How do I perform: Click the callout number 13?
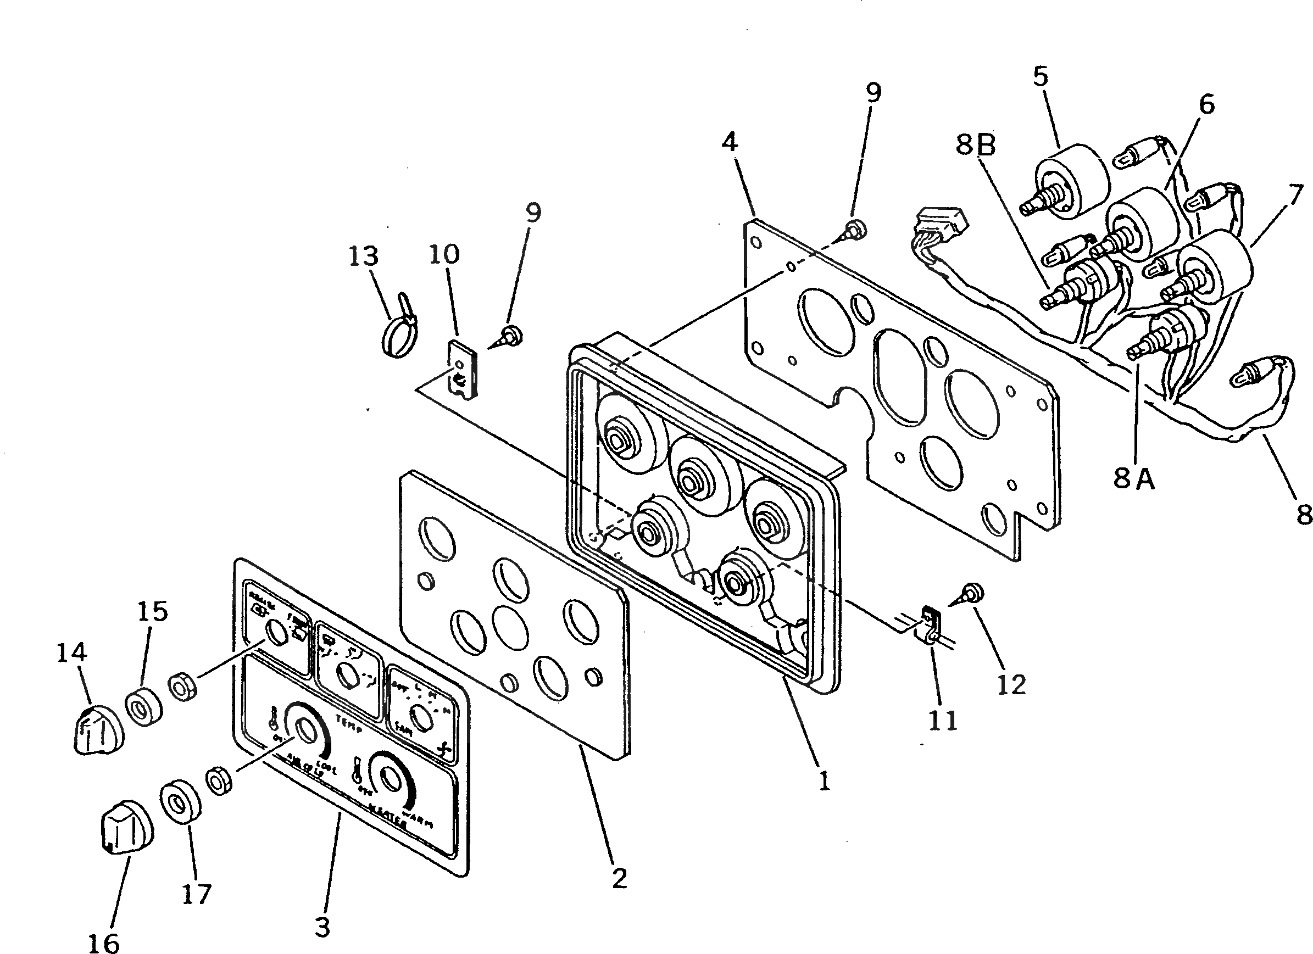pyautogui.click(x=364, y=256)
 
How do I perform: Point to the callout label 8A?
pyautogui.click(x=1133, y=479)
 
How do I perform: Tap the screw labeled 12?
pyautogui.click(x=970, y=592)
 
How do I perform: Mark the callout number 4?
pyautogui.click(x=730, y=141)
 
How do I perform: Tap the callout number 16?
pyautogui.click(x=104, y=942)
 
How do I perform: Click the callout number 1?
pyautogui.click(x=824, y=782)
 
